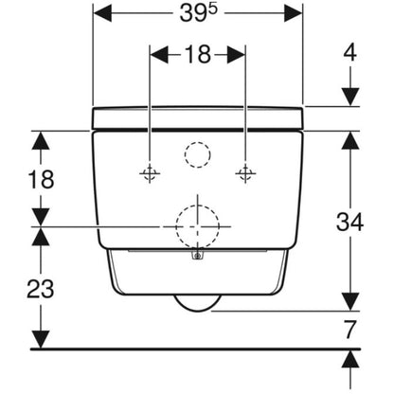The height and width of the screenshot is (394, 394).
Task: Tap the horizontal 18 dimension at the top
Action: [x=198, y=54]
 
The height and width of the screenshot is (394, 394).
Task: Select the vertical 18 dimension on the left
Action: [x=41, y=179]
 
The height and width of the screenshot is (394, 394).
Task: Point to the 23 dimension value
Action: [x=41, y=289]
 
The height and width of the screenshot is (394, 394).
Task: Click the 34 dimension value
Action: [x=349, y=222]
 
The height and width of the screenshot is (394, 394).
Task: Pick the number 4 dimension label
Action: [x=349, y=52]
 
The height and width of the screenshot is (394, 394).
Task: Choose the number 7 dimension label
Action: [x=349, y=330]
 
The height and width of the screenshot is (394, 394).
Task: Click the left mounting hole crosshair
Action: [x=150, y=173]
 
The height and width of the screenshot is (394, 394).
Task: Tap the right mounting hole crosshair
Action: [x=245, y=173]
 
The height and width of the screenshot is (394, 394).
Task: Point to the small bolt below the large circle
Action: [x=198, y=256]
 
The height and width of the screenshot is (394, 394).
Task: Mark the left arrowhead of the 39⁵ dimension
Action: [x=102, y=13]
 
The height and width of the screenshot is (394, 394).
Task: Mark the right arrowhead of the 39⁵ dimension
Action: [x=294, y=13]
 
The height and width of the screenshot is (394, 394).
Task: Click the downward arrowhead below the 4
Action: [x=350, y=97]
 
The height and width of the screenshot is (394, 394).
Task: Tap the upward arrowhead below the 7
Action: [x=350, y=359]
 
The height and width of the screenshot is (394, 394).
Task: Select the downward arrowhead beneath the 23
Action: [x=41, y=339]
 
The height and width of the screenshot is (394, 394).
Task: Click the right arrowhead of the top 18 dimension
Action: [x=236, y=54]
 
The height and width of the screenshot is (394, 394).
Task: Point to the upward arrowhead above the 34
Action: [x=350, y=140]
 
